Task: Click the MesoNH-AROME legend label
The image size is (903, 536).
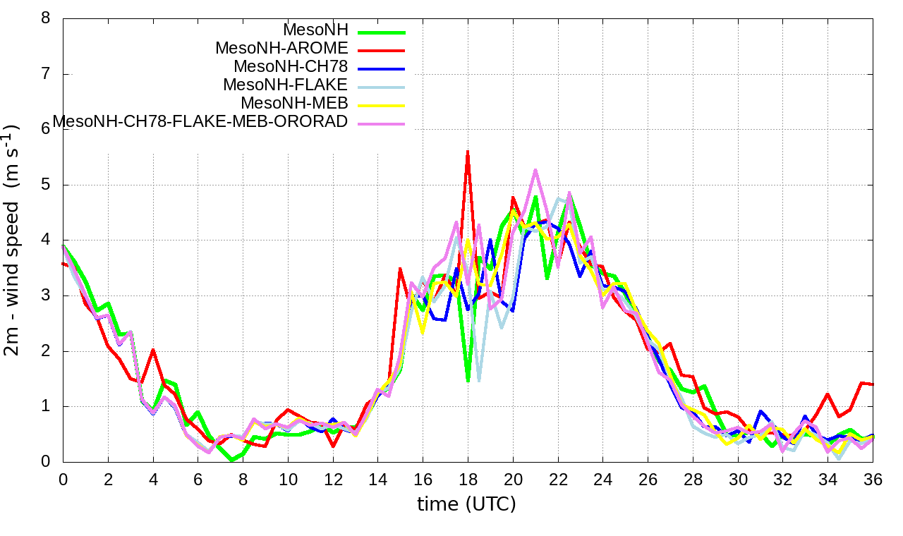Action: point(281,48)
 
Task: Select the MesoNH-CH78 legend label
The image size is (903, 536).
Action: point(291,66)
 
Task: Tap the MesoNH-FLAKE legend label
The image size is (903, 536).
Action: point(285,85)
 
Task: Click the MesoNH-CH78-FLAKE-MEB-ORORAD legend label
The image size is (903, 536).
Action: point(200,121)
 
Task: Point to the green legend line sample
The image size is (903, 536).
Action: point(381,32)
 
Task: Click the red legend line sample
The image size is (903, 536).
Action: point(381,51)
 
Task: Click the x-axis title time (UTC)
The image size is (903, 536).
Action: point(466,504)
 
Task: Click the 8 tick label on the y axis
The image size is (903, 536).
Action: point(46,18)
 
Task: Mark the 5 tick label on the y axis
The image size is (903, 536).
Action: point(46,185)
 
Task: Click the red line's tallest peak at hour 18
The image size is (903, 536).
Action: point(468,151)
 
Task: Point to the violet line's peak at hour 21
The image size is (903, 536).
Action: point(535,169)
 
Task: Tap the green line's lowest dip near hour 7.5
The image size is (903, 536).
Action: point(231,460)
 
